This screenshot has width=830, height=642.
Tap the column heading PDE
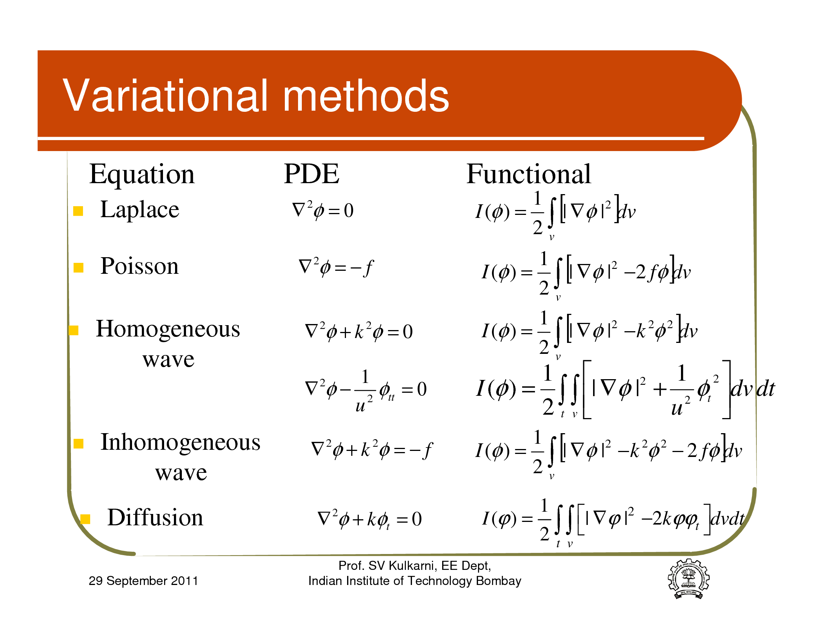coord(312,174)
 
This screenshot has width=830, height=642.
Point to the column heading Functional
coord(529,174)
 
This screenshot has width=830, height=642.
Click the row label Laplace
coord(140,210)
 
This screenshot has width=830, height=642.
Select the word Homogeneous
coord(168,329)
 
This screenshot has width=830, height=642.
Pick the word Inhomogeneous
coord(180,443)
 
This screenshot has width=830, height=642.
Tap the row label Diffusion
coord(155,517)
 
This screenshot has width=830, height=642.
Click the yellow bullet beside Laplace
coord(78,211)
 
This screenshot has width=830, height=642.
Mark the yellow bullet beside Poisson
coord(78,267)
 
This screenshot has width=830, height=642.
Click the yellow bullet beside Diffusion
coord(85,519)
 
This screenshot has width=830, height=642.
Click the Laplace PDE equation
coord(323,210)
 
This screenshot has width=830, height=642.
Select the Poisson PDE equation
coord(336,267)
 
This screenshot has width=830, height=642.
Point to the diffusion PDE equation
coord(369,519)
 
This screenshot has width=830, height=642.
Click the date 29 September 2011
coord(143,581)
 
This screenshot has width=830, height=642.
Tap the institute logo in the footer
coord(688,579)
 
